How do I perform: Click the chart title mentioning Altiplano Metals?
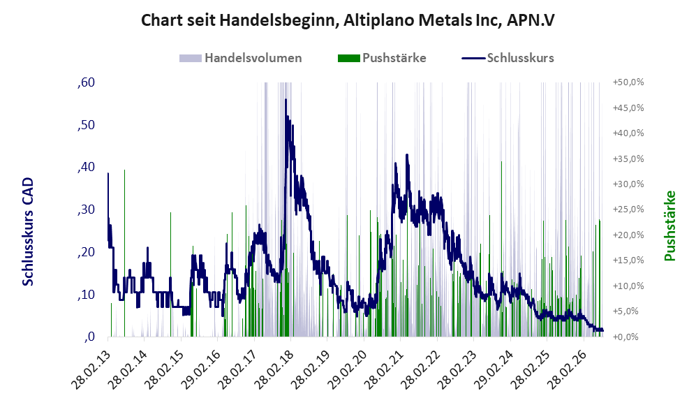click(x=348, y=20)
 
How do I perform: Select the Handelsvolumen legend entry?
click(x=241, y=58)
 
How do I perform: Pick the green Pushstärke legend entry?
click(x=382, y=58)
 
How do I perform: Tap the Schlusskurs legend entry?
click(x=508, y=58)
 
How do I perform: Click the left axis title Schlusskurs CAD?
click(x=28, y=232)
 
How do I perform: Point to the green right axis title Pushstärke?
click(x=669, y=226)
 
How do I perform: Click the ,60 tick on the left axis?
click(x=86, y=82)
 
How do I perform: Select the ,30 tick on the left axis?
click(x=86, y=209)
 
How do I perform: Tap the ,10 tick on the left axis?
click(x=86, y=295)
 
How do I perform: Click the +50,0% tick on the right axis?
click(x=628, y=82)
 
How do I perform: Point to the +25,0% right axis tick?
click(x=628, y=209)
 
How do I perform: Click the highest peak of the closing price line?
click(x=286, y=99)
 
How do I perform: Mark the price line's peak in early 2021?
click(x=406, y=155)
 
